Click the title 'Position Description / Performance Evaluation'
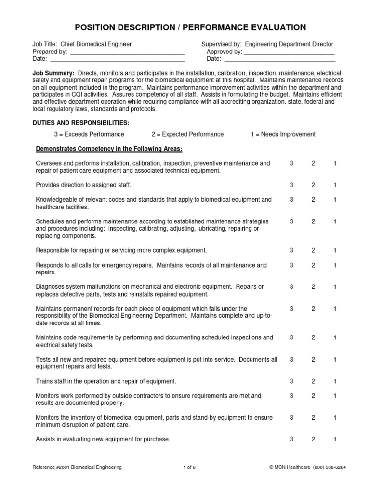click(x=185, y=27)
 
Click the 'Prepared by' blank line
click(x=127, y=52)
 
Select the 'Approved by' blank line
click(x=289, y=52)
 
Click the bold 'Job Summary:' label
click(x=50, y=72)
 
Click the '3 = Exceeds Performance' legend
click(x=89, y=134)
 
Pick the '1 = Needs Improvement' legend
click(x=283, y=134)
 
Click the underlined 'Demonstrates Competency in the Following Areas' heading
click(x=109, y=148)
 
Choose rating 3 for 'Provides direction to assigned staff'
click(x=291, y=185)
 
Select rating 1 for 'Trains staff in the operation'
click(x=335, y=382)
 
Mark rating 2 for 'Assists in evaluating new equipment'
click(x=313, y=439)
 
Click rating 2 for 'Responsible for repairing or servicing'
click(x=313, y=250)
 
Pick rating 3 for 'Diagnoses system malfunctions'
click(x=291, y=287)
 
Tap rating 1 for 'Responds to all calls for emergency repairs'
click(x=335, y=265)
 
